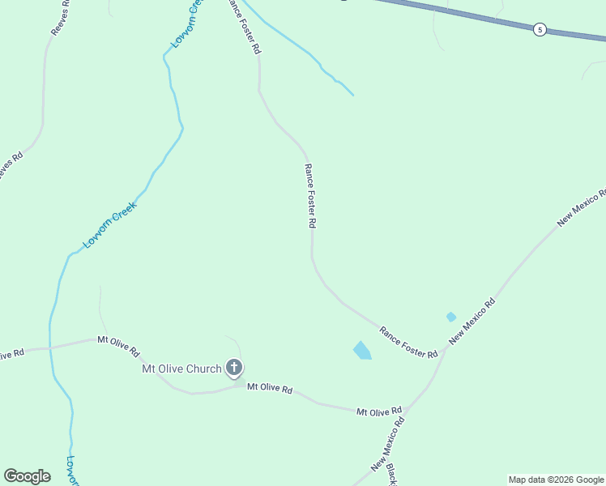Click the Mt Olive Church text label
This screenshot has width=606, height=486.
pos(181,369)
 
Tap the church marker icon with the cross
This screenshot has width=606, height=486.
pos(233,369)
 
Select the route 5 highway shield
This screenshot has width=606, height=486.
pos(540,30)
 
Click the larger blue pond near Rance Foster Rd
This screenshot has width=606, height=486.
pos(362,351)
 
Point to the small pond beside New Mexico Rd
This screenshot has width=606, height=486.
pos(450,317)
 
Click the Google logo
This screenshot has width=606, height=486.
pos(27,476)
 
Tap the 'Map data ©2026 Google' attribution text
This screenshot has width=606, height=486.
pos(557,480)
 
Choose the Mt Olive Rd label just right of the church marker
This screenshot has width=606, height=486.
pos(270,389)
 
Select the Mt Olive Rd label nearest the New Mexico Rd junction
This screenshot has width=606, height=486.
pos(379,411)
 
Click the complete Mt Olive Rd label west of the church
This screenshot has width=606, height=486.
pos(118,347)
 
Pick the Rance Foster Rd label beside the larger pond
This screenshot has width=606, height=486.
pos(408,342)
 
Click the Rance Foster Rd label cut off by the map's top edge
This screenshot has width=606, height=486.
pos(244,27)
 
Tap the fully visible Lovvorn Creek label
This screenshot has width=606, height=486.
pos(110,224)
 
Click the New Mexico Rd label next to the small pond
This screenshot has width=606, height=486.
pos(472,322)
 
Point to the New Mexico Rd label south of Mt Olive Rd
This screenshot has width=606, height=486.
pos(388,445)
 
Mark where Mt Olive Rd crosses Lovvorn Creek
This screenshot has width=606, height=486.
pos(50,348)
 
